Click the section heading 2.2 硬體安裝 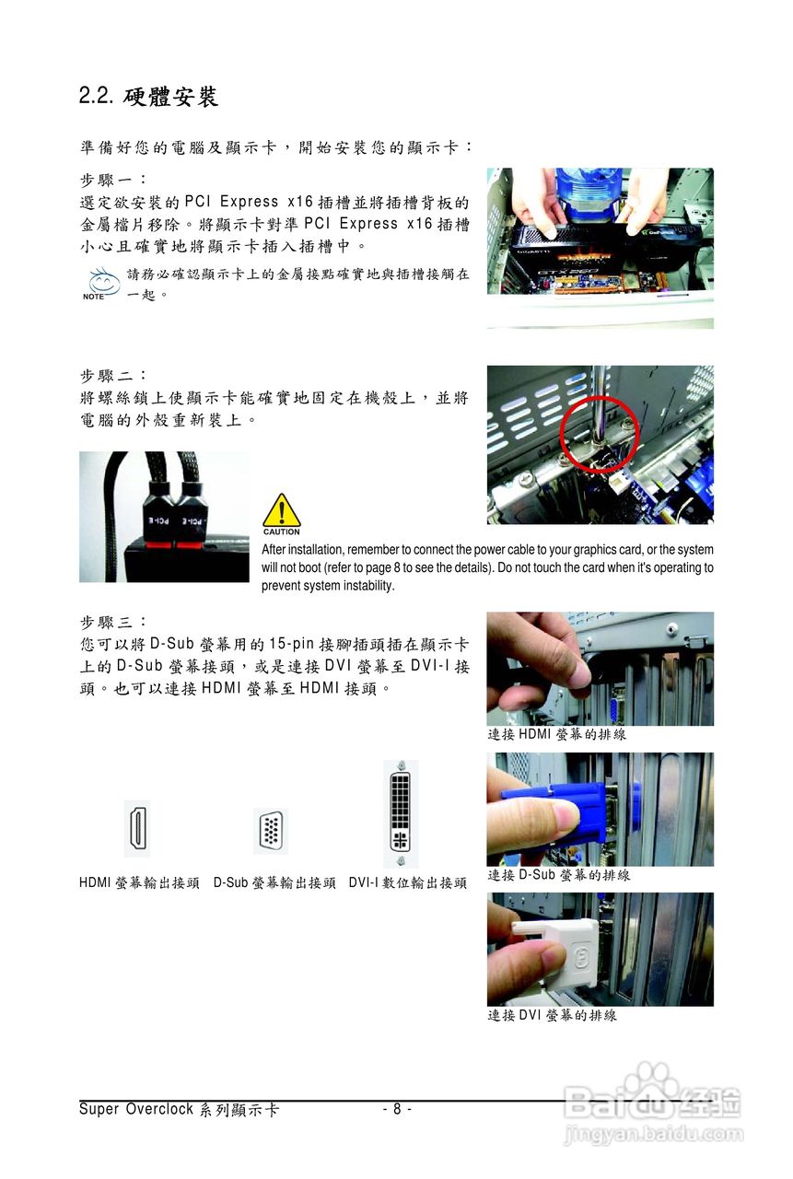point(148,97)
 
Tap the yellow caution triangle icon point(282,509)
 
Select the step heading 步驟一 point(113,181)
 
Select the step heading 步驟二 point(113,376)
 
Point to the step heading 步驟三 point(113,622)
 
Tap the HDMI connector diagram point(137,828)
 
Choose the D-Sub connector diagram point(271,831)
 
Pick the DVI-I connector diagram point(401,813)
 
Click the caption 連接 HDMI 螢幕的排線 point(556,734)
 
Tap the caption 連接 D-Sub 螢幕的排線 point(558,875)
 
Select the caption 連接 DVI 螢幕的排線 point(552,1015)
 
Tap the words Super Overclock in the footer point(136,1109)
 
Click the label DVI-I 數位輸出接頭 point(408,882)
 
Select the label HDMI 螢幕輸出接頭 point(139,882)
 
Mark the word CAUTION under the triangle point(282,532)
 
